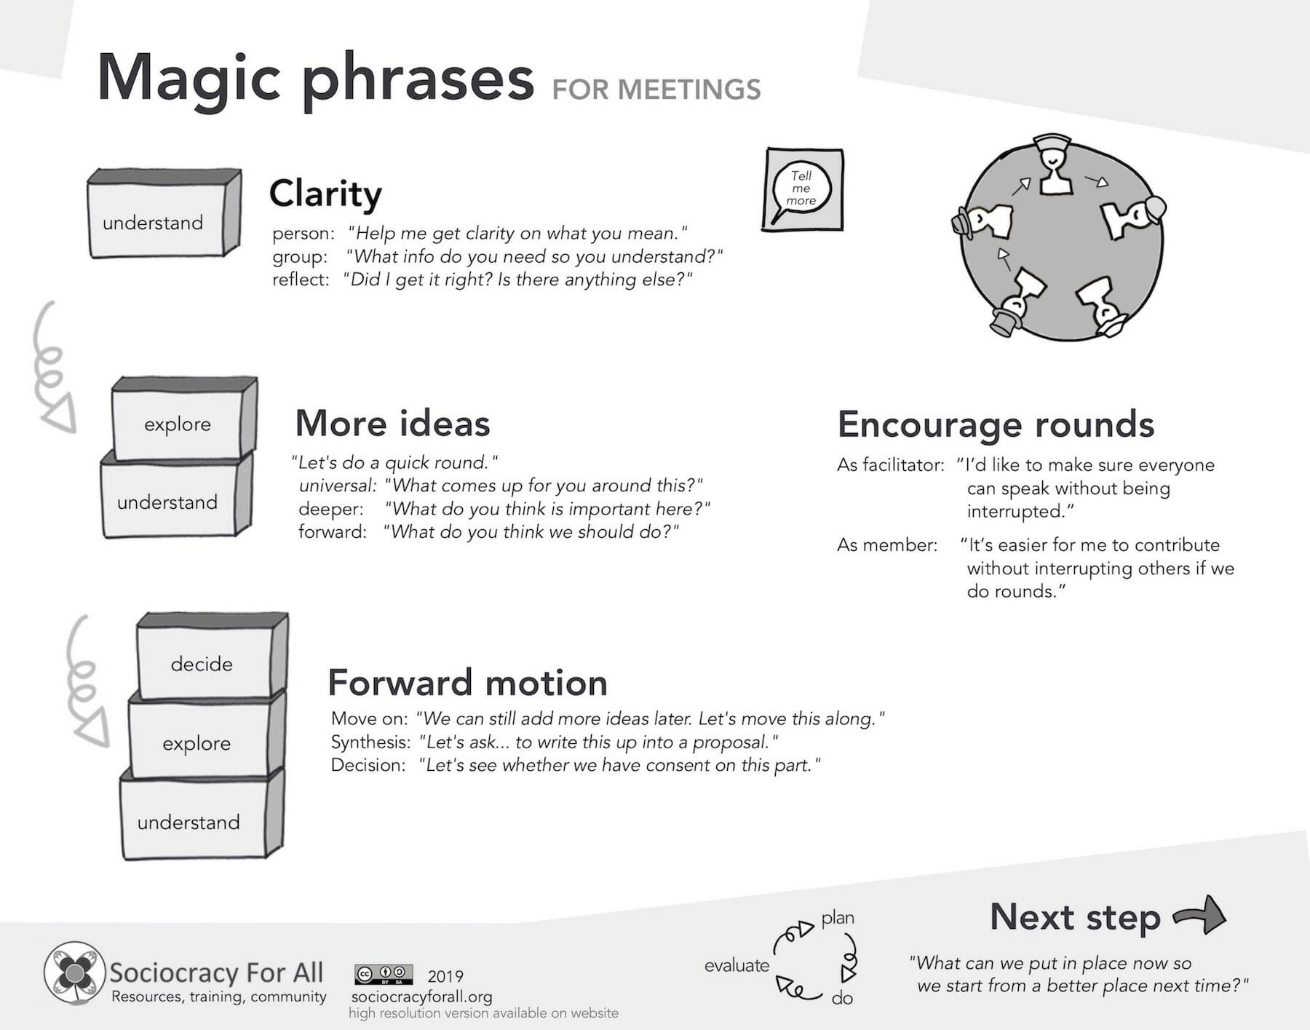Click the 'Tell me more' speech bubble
[801, 189]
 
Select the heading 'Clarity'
[325, 194]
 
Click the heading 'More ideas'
[392, 423]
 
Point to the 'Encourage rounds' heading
[996, 424]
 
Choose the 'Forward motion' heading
[467, 682]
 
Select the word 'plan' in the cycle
[838, 918]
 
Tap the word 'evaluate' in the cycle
[737, 965]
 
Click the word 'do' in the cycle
[842, 998]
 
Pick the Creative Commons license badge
[384, 975]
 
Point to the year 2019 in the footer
[445, 976]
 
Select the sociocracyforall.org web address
[421, 996]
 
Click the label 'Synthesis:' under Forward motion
[370, 742]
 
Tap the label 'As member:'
[886, 544]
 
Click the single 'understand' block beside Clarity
[154, 222]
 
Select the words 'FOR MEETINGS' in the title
[656, 90]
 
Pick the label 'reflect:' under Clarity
[301, 280]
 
